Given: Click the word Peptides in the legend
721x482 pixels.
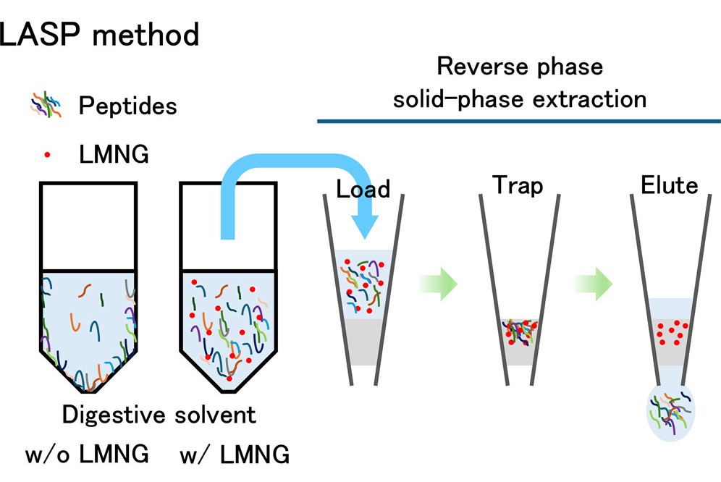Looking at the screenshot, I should pos(127,106).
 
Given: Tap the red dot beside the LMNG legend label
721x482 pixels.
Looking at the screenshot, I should pos(47,155).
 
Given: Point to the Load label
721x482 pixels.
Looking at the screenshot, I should pos(363,190).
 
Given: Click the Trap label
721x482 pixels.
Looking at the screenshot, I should pos(519,186).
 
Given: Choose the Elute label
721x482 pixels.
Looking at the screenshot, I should pos(670,186).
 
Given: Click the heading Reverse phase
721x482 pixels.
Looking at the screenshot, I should pos(519,67).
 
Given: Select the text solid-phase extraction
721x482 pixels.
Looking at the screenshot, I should pos(519,98).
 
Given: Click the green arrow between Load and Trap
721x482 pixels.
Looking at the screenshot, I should pos(439,282).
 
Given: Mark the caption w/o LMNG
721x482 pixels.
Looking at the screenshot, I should pos(87,455).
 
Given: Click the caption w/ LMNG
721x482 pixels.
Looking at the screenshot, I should pos(235,455).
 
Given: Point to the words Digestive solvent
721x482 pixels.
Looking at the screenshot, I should pos(159,415).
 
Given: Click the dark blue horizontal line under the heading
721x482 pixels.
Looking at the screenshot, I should pos(519,121).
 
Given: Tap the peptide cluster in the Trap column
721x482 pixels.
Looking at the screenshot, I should pos(520,331).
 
